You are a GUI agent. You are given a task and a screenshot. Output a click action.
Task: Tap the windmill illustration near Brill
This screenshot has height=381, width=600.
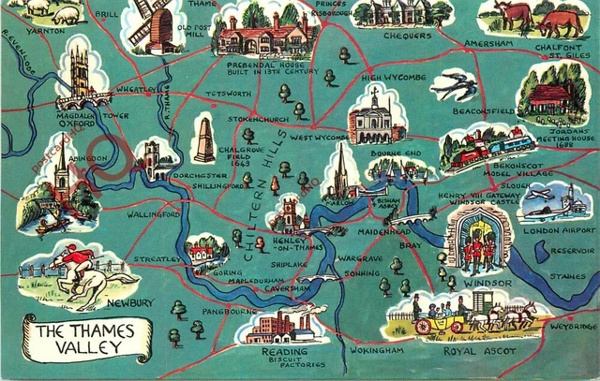(152, 22)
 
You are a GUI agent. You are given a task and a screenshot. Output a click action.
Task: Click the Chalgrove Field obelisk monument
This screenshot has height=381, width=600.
(202, 139)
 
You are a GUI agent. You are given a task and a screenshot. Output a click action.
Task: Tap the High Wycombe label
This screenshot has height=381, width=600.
(393, 78)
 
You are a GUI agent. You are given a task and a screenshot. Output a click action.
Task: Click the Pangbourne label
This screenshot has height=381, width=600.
(224, 310)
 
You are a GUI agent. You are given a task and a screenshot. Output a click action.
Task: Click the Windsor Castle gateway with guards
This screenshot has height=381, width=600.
(479, 241)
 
